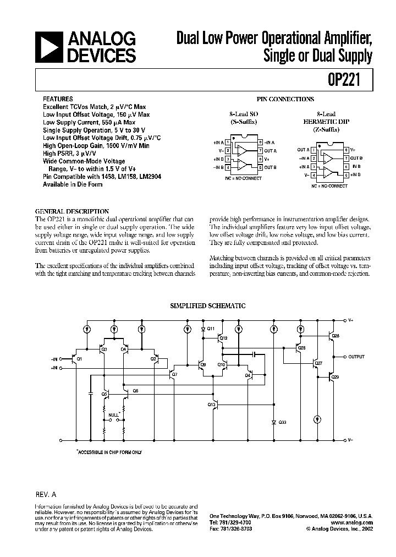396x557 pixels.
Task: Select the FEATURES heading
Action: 58,99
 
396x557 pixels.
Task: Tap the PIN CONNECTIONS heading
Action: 285,99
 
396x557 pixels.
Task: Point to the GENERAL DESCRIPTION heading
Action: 72,211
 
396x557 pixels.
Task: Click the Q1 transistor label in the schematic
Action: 79,359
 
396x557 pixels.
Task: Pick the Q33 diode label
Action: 282,422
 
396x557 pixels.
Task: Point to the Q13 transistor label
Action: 211,405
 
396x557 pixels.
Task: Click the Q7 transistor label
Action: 174,374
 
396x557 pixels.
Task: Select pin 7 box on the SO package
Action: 260,150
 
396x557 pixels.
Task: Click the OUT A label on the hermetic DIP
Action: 302,150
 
